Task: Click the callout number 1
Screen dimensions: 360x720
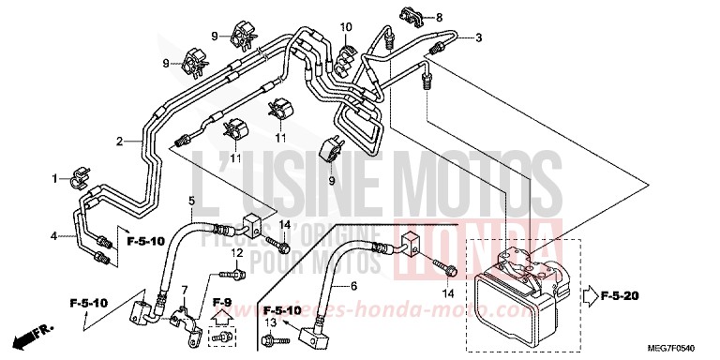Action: coord(55,177)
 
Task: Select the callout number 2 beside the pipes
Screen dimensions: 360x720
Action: coord(120,142)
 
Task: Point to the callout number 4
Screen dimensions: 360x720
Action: coord(53,235)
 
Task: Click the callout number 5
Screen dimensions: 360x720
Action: coord(191,202)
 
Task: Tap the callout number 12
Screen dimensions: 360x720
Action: coord(237,254)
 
